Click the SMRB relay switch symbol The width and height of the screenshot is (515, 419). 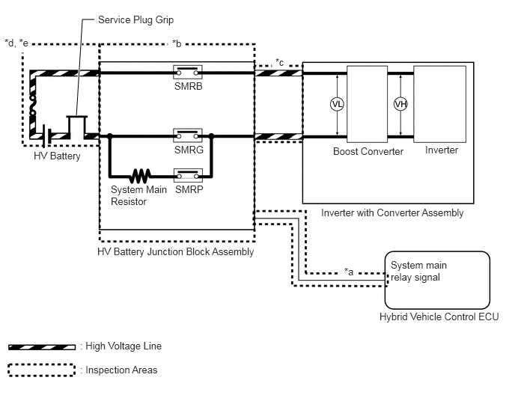pyautogui.click(x=188, y=72)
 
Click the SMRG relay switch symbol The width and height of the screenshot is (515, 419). pyautogui.click(x=188, y=135)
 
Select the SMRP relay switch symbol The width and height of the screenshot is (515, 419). pyautogui.click(x=188, y=175)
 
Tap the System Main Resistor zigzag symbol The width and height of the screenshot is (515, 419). pyautogui.click(x=140, y=176)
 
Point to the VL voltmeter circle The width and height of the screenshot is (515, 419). pyautogui.click(x=337, y=105)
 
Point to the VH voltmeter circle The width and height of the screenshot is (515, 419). pyautogui.click(x=400, y=105)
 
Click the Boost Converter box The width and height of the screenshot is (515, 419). pyautogui.click(x=368, y=104)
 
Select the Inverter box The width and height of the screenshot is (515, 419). pyautogui.click(x=440, y=104)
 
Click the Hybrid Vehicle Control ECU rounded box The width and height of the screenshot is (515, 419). pyautogui.click(x=437, y=280)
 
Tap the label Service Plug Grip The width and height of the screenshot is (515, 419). pyautogui.click(x=135, y=20)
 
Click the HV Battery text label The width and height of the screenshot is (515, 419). pyautogui.click(x=57, y=156)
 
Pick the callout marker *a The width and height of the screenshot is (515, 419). pyautogui.click(x=349, y=272)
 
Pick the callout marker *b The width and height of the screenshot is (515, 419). pyautogui.click(x=177, y=43)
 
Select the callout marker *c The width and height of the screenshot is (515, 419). pyautogui.click(x=279, y=62)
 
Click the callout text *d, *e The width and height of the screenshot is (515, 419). pyautogui.click(x=16, y=43)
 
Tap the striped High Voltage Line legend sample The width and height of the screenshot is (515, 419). pyautogui.click(x=42, y=347)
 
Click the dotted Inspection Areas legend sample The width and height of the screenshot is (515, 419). pyautogui.click(x=42, y=370)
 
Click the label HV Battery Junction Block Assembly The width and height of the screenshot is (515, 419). pyautogui.click(x=176, y=252)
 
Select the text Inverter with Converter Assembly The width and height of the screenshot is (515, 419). pyautogui.click(x=392, y=213)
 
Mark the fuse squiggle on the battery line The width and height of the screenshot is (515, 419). pyautogui.click(x=32, y=105)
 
